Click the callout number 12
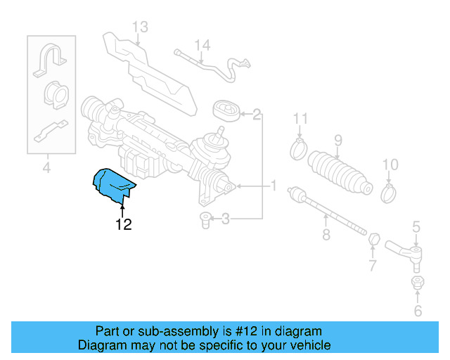pyautogui.click(x=124, y=225)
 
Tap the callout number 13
pyautogui.click(x=140, y=27)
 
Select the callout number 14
pyautogui.click(x=202, y=46)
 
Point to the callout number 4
pyautogui.click(x=46, y=168)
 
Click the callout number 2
pyautogui.click(x=257, y=113)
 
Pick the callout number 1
pyautogui.click(x=274, y=186)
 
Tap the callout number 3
pyautogui.click(x=225, y=220)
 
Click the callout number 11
pyautogui.click(x=301, y=117)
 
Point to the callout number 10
pyautogui.click(x=390, y=165)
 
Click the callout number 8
pyautogui.click(x=326, y=235)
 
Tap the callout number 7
pyautogui.click(x=373, y=266)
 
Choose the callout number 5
pyautogui.click(x=416, y=226)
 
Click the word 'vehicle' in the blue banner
pyautogui.click(x=310, y=345)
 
